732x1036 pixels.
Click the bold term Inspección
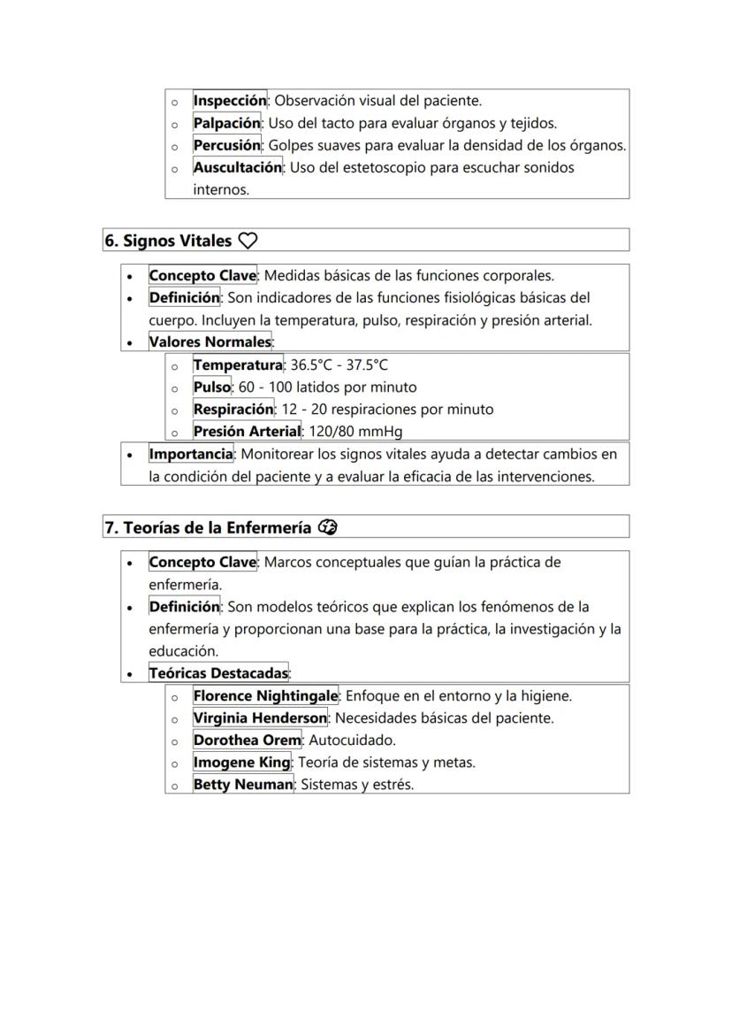pos(230,101)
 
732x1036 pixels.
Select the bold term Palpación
pos(227,123)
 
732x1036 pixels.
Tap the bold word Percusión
pos(227,145)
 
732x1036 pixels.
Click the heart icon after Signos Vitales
pos(248,241)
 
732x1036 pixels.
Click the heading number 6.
pos(111,241)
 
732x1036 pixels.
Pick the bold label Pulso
pos(212,388)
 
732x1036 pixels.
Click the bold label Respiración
pos(233,410)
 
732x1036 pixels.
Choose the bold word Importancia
pos(191,454)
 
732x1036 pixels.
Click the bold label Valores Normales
pos(210,342)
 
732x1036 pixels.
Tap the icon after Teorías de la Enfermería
pos(328,527)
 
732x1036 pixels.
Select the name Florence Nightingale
pos(265,696)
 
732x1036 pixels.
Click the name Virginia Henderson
pos(260,718)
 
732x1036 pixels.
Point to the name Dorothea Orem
pos(247,741)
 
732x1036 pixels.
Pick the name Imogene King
pos(241,763)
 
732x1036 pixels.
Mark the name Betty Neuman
pos(243,785)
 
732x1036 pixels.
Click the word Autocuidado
pos(352,741)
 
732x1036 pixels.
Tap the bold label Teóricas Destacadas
pos(218,673)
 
